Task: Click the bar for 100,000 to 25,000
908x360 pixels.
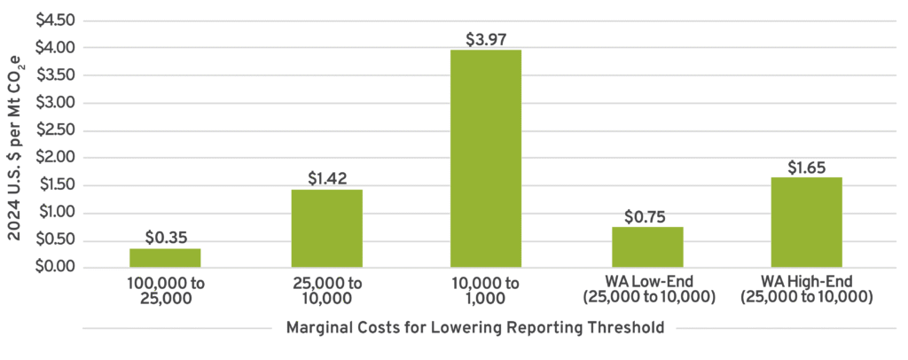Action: coord(165,258)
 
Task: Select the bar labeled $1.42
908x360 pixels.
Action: coord(326,229)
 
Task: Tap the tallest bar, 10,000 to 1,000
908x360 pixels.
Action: coord(486,159)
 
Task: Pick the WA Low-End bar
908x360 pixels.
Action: coord(647,247)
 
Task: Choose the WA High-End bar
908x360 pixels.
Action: coord(806,223)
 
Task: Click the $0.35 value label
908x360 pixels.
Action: coord(165,238)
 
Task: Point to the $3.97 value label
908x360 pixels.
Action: coord(486,39)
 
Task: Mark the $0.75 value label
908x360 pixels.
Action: coord(647,216)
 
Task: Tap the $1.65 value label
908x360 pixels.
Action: coord(806,167)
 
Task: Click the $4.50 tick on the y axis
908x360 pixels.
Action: coord(56,20)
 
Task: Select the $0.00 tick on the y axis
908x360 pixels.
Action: coord(56,268)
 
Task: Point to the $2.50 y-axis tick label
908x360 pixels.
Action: coord(56,130)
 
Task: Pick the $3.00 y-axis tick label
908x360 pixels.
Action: coord(56,103)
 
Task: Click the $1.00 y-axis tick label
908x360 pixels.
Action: coord(56,213)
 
